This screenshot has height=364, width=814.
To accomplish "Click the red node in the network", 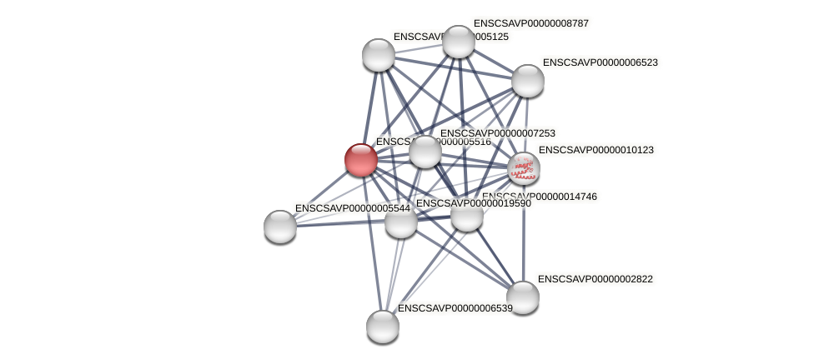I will point(361,159).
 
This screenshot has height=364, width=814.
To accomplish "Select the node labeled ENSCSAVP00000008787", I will point(458,42).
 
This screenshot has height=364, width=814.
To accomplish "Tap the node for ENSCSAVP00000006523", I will point(527,80).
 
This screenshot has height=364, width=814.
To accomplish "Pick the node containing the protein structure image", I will point(523,167).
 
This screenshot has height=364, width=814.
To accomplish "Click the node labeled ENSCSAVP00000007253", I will point(425,152).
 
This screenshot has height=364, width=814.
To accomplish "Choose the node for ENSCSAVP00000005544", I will point(280,226).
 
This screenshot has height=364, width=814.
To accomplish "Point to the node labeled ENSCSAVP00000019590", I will point(400,222).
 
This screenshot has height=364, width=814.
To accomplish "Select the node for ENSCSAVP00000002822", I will point(523,297).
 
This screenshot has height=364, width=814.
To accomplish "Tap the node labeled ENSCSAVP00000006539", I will point(382,326).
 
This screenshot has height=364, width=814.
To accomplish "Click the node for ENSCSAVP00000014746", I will point(466,215).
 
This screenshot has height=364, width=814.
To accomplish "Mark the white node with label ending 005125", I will point(378,55).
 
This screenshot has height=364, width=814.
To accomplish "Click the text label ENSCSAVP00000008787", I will point(530,23).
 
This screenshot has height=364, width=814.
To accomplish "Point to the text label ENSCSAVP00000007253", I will point(497,133).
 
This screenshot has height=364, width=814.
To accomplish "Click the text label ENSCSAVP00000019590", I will point(473,203).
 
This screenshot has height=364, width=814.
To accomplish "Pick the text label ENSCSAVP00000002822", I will point(595,279).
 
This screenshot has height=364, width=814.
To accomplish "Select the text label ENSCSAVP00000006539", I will point(455,308).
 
